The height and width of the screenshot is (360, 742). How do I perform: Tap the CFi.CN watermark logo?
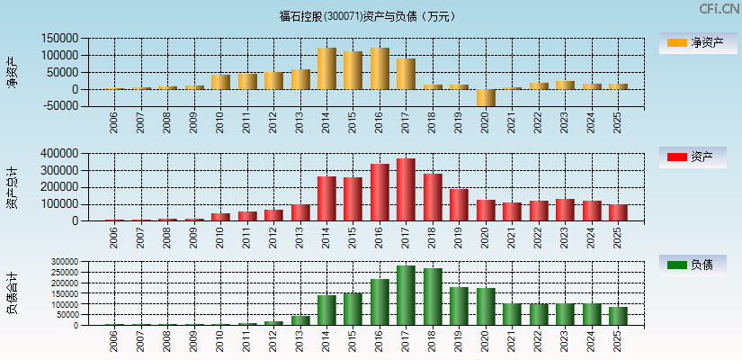[x=720, y=9]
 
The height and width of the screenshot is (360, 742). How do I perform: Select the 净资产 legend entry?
[x=693, y=43]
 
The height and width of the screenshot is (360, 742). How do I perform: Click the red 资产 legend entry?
[x=693, y=157]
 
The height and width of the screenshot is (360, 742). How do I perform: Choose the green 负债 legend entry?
[x=693, y=265]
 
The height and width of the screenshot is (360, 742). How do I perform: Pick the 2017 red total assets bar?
[x=407, y=190]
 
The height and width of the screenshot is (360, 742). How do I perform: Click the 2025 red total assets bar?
[x=618, y=212]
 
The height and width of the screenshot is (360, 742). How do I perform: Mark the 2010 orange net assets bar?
[x=220, y=82]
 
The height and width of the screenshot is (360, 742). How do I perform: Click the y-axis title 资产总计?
[x=12, y=187]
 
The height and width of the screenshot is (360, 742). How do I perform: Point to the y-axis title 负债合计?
[x=12, y=292]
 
